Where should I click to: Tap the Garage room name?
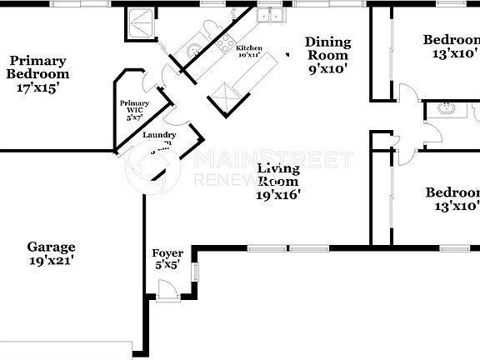click(x=52, y=247)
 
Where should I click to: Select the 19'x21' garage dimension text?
click(x=52, y=260)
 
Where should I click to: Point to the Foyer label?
click(x=167, y=253)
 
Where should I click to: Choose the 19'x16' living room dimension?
click(x=278, y=194)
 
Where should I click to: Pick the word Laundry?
click(x=159, y=135)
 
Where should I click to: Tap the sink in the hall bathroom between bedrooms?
click(x=447, y=107)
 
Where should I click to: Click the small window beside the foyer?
click(x=197, y=272)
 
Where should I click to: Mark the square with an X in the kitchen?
click(x=222, y=98)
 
